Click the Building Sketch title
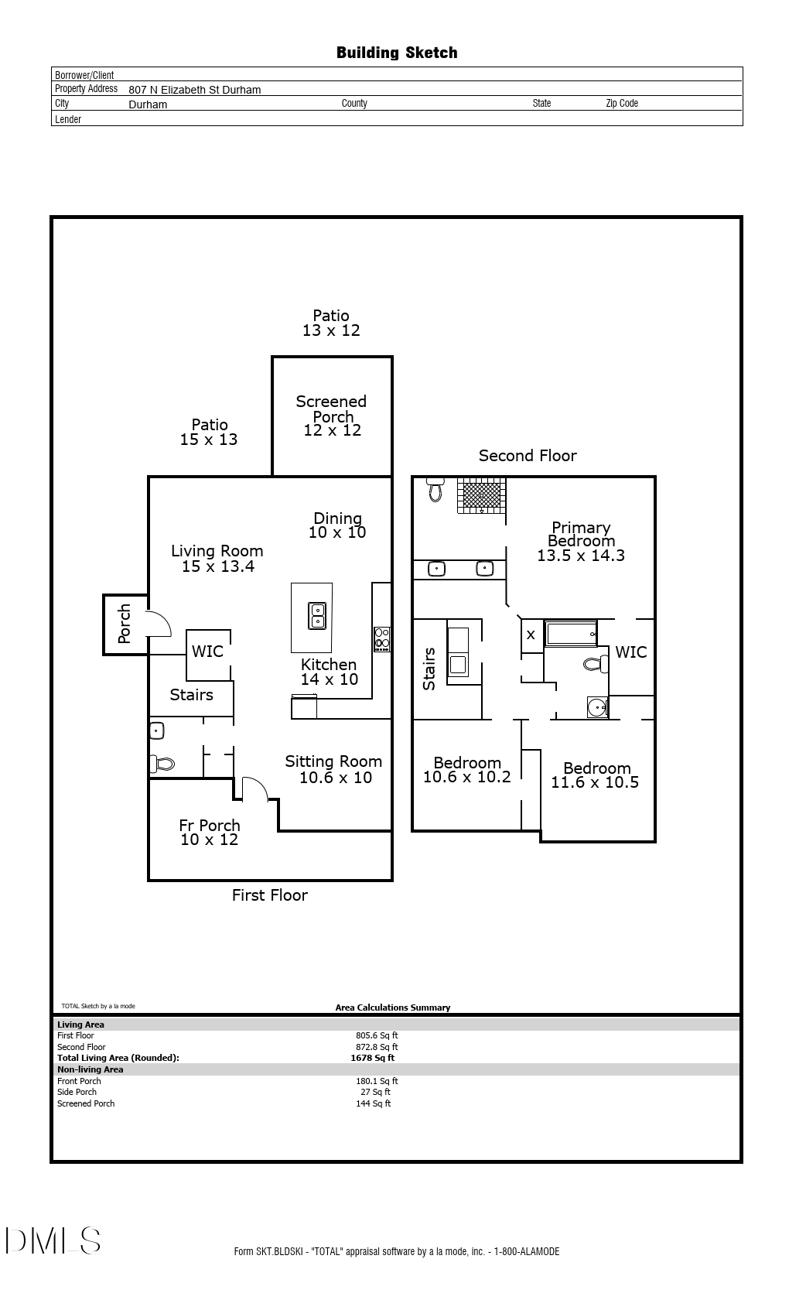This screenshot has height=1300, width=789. [397, 53]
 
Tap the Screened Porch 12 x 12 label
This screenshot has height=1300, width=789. [332, 416]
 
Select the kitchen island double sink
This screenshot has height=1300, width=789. [317, 616]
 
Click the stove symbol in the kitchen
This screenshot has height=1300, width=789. [382, 639]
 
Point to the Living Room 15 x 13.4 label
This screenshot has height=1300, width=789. [217, 559]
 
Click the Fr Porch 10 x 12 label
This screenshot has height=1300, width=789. [210, 833]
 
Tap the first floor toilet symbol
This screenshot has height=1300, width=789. [163, 764]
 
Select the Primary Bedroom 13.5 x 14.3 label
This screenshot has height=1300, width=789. [581, 541]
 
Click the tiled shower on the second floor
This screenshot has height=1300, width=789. [481, 495]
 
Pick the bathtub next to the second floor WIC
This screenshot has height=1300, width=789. [571, 634]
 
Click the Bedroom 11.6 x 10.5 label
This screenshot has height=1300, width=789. [596, 775]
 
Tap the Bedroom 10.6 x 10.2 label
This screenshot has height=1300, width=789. [467, 770]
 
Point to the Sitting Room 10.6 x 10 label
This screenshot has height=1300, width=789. [334, 769]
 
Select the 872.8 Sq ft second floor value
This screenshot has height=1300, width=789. [377, 1047]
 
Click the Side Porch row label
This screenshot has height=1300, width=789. [77, 1093]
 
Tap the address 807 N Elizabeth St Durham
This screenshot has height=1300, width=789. [195, 90]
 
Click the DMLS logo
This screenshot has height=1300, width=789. [53, 1240]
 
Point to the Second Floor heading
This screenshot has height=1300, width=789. [528, 456]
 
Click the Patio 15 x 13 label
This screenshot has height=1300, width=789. [209, 432]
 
